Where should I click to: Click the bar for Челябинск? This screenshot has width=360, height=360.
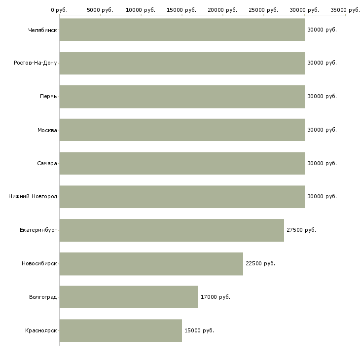(182, 30)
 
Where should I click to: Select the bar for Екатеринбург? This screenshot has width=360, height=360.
(172, 230)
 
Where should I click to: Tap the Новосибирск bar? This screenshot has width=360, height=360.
(151, 263)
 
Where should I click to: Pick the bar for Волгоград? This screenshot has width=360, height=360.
(129, 297)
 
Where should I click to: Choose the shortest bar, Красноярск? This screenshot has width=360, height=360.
(121, 330)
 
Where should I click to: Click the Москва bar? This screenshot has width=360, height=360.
(182, 130)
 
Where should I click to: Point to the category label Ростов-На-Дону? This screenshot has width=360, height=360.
(36, 63)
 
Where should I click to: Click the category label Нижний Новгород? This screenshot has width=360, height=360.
(33, 197)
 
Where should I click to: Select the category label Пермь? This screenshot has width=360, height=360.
(48, 96)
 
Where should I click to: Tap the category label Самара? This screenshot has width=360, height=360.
(47, 163)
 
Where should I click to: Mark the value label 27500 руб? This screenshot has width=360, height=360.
(301, 230)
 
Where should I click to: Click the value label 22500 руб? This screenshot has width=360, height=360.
(260, 263)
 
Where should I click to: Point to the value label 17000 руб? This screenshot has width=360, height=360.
(216, 297)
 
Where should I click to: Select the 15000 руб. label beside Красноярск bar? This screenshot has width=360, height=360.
(199, 330)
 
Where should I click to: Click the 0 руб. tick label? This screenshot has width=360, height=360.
(59, 10)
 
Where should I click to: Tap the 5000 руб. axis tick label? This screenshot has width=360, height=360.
(100, 10)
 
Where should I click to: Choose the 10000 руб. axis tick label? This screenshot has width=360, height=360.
(141, 10)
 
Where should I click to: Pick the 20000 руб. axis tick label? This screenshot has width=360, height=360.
(222, 10)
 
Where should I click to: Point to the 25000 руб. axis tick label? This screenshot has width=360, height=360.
(263, 10)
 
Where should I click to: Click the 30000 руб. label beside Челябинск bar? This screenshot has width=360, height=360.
(322, 30)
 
